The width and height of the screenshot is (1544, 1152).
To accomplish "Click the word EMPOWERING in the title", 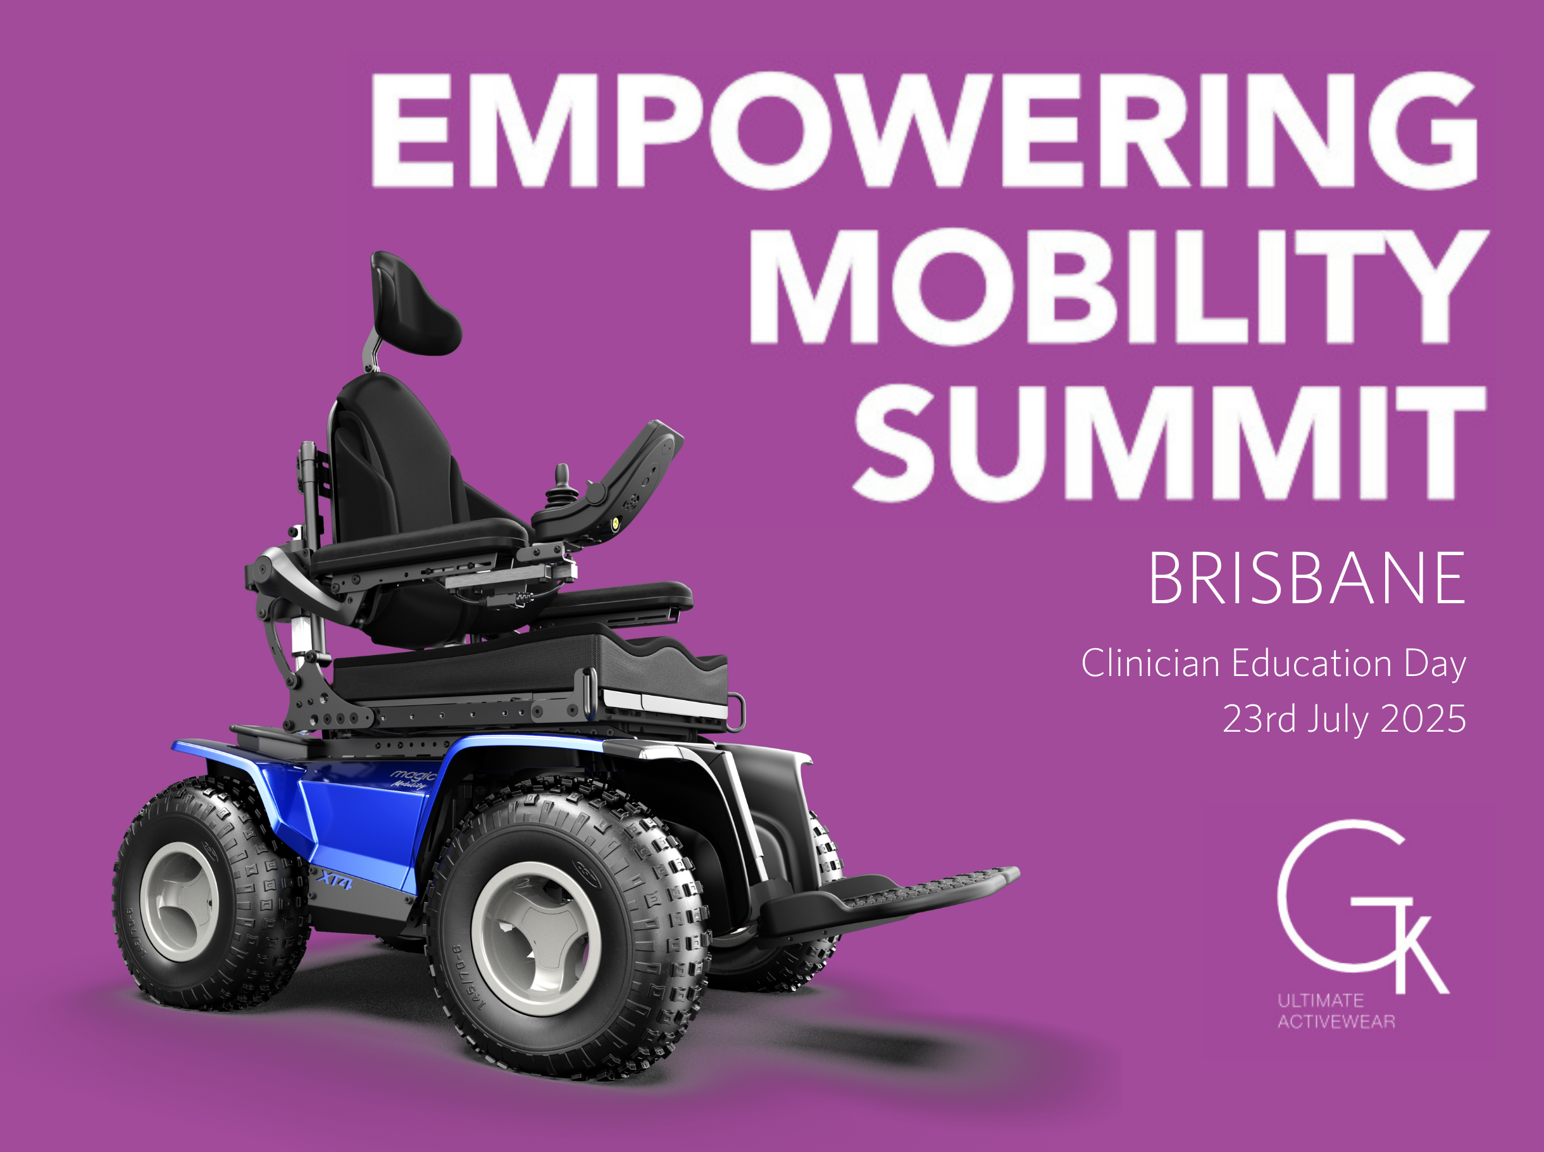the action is (x=925, y=130).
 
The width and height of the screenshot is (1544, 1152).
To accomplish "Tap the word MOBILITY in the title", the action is (x=1119, y=287).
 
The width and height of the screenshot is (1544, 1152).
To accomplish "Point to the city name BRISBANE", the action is (x=1307, y=577).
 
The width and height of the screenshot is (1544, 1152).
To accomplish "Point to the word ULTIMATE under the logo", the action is (x=1320, y=1001).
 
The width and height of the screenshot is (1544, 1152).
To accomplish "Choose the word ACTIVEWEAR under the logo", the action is (x=1336, y=1022).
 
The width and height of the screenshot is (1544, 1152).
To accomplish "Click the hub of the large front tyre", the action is (x=535, y=939).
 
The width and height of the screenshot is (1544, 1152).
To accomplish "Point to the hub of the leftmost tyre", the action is (x=179, y=901).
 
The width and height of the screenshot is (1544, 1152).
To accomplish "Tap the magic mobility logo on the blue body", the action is (x=412, y=778).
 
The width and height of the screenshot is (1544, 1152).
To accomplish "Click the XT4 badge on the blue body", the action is (x=334, y=882).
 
